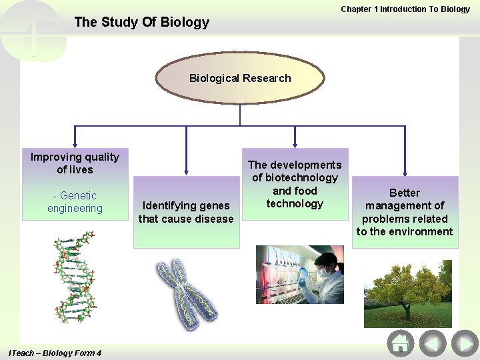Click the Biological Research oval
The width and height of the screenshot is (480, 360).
(240, 78)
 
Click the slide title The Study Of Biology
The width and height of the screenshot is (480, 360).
(141, 22)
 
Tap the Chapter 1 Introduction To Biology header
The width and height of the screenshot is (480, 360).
(405, 9)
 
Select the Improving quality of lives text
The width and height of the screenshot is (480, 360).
(75, 163)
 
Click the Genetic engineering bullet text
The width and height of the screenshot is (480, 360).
(75, 202)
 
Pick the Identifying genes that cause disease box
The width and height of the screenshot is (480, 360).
(186, 212)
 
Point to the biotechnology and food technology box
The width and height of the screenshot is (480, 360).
(295, 184)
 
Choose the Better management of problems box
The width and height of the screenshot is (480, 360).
(405, 212)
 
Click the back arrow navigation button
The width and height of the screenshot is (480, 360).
(433, 344)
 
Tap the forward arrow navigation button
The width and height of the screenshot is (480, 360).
(465, 344)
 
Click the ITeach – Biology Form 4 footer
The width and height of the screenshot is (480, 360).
(55, 353)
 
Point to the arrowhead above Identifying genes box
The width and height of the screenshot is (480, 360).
(186, 171)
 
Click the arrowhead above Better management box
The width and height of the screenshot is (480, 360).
(405, 171)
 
